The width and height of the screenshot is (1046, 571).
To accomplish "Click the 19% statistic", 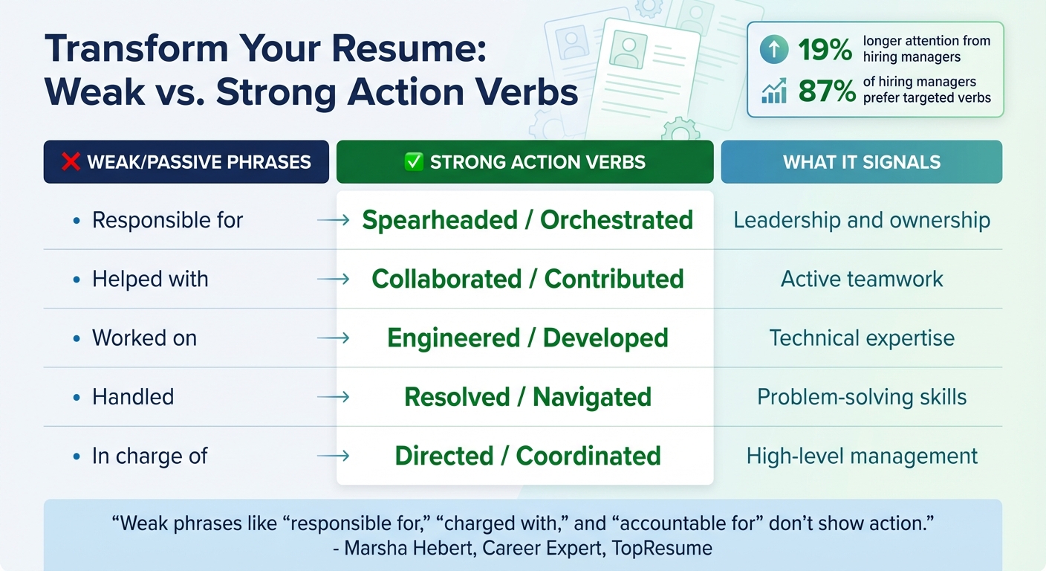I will click(x=825, y=51).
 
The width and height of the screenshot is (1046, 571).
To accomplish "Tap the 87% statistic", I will click(x=825, y=90).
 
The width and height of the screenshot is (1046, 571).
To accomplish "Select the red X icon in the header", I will click(x=71, y=162).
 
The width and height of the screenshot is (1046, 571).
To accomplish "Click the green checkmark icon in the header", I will click(x=412, y=162).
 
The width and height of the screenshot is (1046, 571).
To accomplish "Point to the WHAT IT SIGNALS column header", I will click(x=861, y=162).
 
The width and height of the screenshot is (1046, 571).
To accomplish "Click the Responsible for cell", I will click(x=167, y=220).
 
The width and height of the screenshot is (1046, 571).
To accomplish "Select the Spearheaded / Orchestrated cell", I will click(x=527, y=220).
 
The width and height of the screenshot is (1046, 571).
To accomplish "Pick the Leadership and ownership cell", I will click(x=861, y=220).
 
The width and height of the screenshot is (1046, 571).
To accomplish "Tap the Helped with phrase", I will click(x=150, y=279).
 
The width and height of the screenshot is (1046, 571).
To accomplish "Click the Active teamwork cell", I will click(x=861, y=279).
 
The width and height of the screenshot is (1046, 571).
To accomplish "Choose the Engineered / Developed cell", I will click(x=527, y=338).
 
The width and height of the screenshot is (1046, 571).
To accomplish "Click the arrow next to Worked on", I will click(x=333, y=338).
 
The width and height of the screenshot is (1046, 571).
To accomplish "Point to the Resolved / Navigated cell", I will click(x=527, y=396).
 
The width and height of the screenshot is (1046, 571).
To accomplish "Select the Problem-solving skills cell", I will click(x=861, y=396).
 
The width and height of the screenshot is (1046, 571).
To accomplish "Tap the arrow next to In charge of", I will click(x=333, y=456).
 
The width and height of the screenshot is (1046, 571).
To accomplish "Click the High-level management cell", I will click(x=861, y=456).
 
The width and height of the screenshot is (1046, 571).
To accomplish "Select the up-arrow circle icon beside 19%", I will click(x=774, y=51).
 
